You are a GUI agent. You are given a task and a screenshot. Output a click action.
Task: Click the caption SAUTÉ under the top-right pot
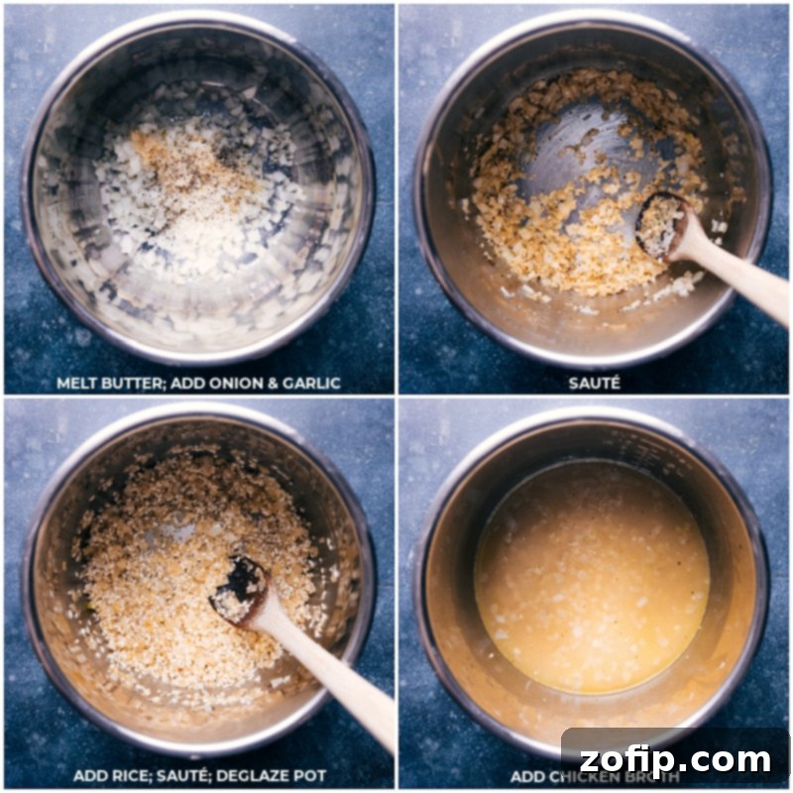595,383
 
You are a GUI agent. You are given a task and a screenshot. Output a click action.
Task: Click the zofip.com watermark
675,760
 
